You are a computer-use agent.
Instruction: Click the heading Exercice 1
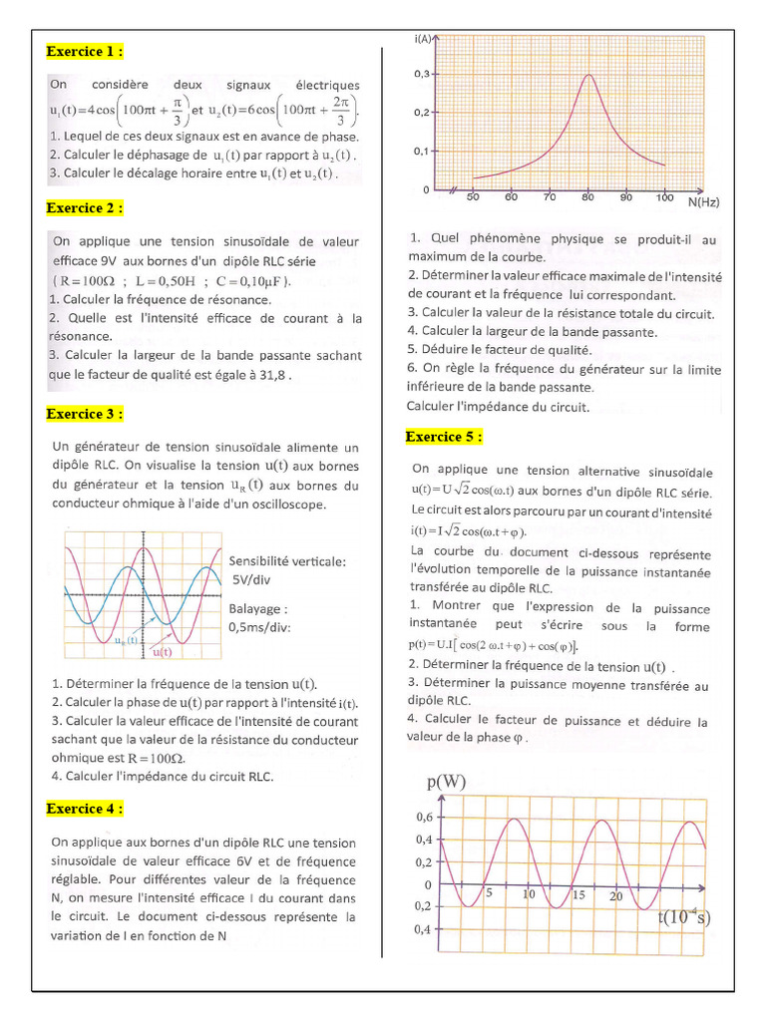point(85,52)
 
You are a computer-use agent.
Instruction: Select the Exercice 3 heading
point(85,414)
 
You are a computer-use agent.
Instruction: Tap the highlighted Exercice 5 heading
point(444,437)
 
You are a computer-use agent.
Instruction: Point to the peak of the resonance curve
point(589,76)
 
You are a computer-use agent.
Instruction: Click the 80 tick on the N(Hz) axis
point(588,197)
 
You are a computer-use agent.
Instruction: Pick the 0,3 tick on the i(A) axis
point(422,75)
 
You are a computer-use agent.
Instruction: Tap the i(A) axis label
point(422,39)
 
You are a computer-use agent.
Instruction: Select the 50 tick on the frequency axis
point(473,197)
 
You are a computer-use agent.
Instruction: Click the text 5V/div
point(252,578)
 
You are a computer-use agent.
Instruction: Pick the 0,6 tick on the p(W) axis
point(424,817)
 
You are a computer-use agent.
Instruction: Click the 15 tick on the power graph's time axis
point(578,895)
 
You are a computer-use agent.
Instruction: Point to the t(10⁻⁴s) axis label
point(684,916)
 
